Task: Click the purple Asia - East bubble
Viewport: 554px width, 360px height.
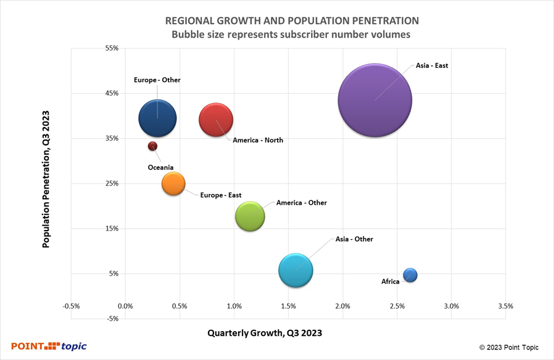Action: tap(375, 100)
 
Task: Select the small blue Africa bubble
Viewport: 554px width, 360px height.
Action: tap(410, 275)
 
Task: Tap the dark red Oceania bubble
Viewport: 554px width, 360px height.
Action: tap(152, 146)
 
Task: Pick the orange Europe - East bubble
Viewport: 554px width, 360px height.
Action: tap(173, 183)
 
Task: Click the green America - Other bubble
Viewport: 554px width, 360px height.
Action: tap(250, 217)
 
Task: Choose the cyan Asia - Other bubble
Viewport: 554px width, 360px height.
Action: tap(296, 271)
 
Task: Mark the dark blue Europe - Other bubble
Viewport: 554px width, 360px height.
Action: tap(158, 119)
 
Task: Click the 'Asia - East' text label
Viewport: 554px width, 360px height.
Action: tap(432, 65)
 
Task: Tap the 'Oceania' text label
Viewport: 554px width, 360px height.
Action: tap(160, 168)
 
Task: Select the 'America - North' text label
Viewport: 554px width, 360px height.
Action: tap(258, 141)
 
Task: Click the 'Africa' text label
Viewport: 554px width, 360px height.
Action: tap(391, 282)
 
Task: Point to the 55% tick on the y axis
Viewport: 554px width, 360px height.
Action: tap(111, 48)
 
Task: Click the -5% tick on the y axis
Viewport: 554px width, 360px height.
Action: tap(111, 319)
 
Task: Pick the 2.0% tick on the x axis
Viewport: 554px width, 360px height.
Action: tap(343, 306)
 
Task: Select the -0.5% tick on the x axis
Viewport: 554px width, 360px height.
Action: tap(71, 306)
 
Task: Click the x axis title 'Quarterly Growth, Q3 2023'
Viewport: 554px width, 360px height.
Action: tap(265, 333)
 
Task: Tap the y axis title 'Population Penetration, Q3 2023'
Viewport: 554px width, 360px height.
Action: tap(46, 179)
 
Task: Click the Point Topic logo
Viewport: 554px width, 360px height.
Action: tap(49, 346)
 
